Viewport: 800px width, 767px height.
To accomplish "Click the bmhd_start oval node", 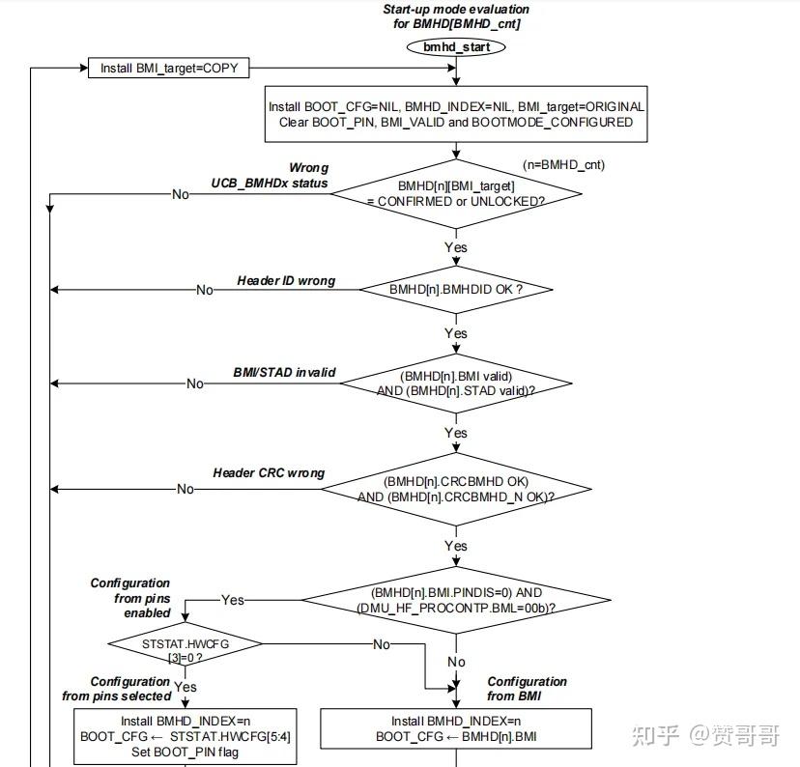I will click(457, 46).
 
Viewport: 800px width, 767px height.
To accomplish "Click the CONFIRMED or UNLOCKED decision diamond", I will click(456, 192).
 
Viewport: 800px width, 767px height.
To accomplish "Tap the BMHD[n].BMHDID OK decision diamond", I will click(456, 289).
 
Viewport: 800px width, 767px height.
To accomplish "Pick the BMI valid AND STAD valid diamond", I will click(455, 383).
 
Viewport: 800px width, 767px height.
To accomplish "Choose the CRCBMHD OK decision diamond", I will click(456, 489).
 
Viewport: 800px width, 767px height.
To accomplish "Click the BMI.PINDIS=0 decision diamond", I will click(456, 599).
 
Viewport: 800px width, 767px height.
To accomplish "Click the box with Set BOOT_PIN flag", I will click(185, 735).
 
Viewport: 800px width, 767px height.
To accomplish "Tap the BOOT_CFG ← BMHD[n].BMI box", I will click(455, 728).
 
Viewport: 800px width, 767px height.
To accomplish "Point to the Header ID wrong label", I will click(286, 281).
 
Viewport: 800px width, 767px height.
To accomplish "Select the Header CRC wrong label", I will click(269, 473).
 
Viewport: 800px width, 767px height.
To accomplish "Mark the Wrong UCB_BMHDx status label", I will click(270, 175).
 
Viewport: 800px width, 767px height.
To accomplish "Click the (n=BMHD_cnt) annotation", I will click(563, 164).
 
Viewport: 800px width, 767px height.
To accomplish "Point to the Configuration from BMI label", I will click(528, 689).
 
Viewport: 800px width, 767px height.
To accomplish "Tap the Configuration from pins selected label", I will click(117, 689).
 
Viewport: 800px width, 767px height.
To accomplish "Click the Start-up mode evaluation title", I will click(457, 16).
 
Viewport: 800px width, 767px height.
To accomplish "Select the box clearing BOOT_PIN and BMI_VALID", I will click(456, 115).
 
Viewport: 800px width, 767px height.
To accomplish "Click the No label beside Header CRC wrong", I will click(186, 489).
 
